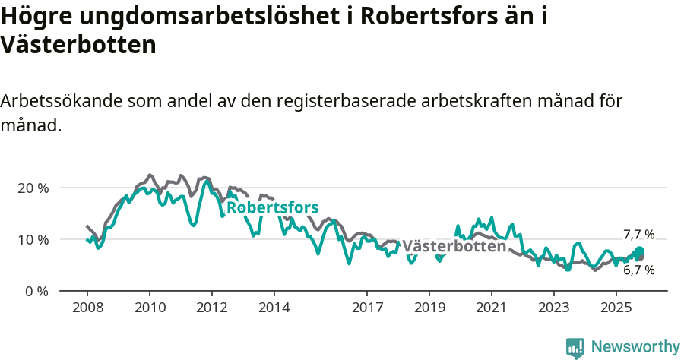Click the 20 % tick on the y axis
point(33,188)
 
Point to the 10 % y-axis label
point(33,239)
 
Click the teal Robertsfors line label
point(272,207)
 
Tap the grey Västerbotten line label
point(454,246)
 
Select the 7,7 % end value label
point(638,235)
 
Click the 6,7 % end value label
point(638,270)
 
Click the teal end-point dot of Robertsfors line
point(639,251)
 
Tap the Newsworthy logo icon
point(575,347)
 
